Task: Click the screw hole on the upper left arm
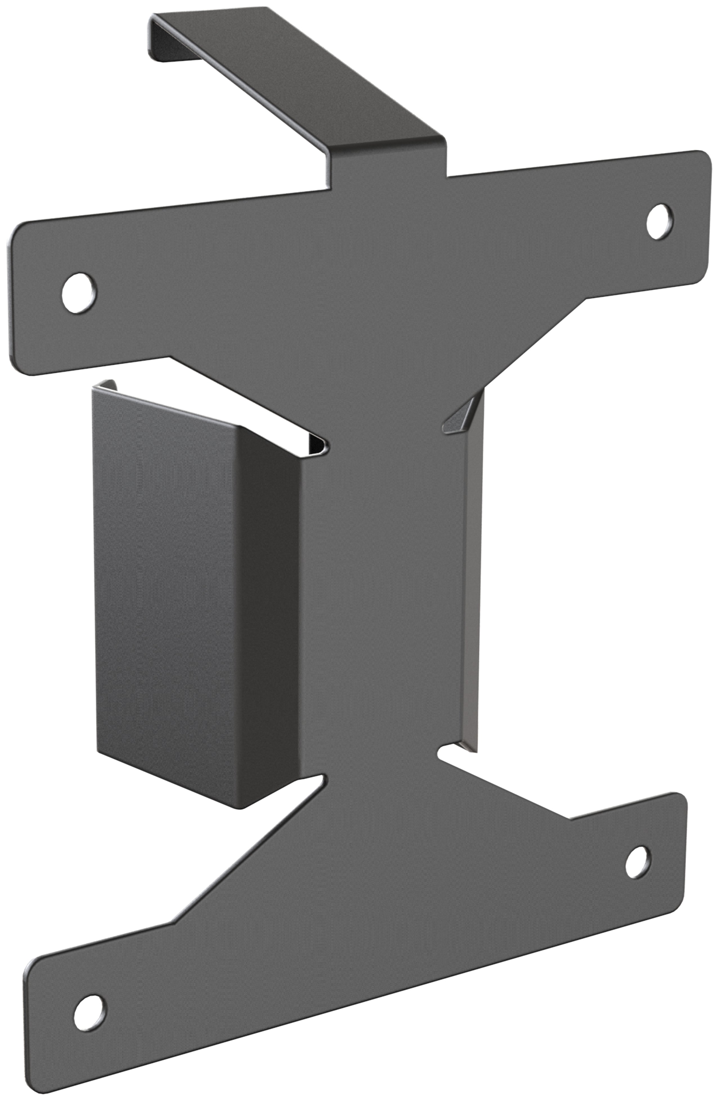(79, 293)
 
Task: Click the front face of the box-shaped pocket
(166, 577)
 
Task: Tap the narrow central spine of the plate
(383, 600)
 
